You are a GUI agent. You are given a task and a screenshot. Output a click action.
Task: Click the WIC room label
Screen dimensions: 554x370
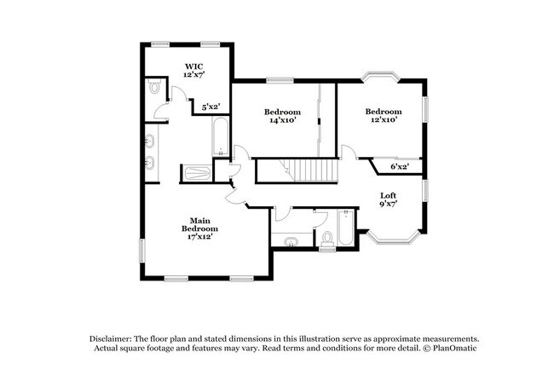pos(194,66)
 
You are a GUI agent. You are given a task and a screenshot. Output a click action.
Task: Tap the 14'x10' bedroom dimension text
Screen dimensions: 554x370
pos(283,120)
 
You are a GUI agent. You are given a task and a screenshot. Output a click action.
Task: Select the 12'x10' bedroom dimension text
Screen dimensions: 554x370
pos(384,119)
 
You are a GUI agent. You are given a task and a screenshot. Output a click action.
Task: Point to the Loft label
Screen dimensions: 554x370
pos(389,195)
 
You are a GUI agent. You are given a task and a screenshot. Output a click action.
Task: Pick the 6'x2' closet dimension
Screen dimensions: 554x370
pos(400,166)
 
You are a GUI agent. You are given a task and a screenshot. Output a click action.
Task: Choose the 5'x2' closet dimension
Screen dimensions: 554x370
pos(211,107)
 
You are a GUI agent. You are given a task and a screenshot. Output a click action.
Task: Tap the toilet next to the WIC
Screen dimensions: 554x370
pos(154,87)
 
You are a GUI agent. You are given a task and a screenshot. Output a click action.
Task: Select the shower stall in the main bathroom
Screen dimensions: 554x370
pos(196,173)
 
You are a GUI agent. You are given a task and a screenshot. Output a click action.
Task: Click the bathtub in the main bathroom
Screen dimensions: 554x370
pos(221,136)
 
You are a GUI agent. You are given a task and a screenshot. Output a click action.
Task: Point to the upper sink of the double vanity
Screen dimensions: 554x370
pos(150,142)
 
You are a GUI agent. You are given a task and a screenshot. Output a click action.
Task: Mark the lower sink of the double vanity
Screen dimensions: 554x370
pos(150,163)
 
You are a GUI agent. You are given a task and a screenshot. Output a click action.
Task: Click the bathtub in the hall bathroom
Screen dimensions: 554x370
pos(345,228)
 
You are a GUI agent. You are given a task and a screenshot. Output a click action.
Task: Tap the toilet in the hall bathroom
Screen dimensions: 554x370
pos(327,239)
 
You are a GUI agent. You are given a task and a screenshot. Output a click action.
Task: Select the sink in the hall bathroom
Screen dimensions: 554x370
pos(291,242)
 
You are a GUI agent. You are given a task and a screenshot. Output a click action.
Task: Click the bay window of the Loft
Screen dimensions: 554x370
pos(392,240)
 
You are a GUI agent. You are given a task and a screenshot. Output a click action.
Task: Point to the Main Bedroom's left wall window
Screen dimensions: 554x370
pos(142,251)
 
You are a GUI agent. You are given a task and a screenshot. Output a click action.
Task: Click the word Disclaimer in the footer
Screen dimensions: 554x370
pos(111,339)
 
